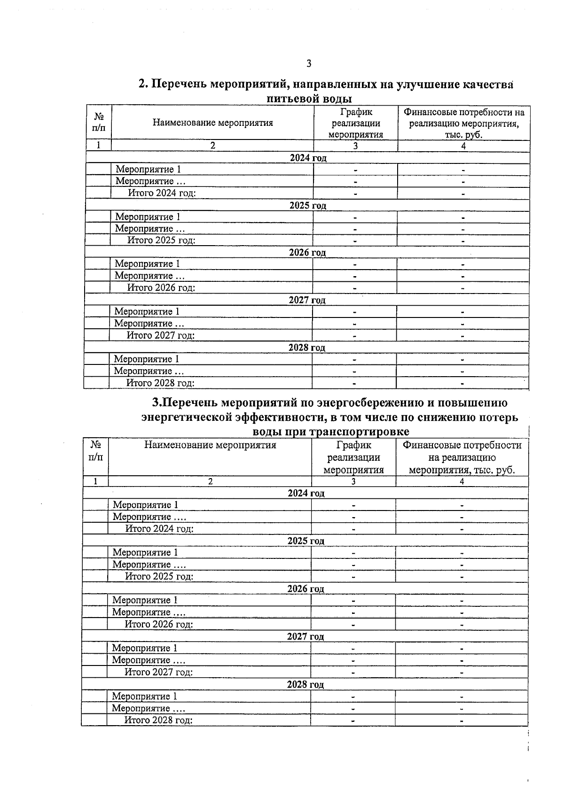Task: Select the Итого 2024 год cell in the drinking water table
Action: pos(162,193)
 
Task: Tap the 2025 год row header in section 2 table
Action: pos(307,205)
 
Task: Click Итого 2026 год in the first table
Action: pos(161,288)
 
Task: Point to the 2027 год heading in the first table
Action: pos(307,300)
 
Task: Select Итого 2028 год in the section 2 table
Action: pos(160,383)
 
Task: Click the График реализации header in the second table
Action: pos(353,457)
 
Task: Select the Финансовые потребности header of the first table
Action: pos(463,124)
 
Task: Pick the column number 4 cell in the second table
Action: pos(462,481)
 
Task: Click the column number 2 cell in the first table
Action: pos(212,146)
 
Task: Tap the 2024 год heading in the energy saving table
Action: pos(306,493)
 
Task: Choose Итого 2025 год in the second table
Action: pos(159,576)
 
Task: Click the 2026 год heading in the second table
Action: pos(305,589)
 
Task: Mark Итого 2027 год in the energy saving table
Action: pos(158,672)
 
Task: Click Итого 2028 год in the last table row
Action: pos(158,720)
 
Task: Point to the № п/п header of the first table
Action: pos(99,122)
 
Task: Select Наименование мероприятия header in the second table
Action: pos(210,445)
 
